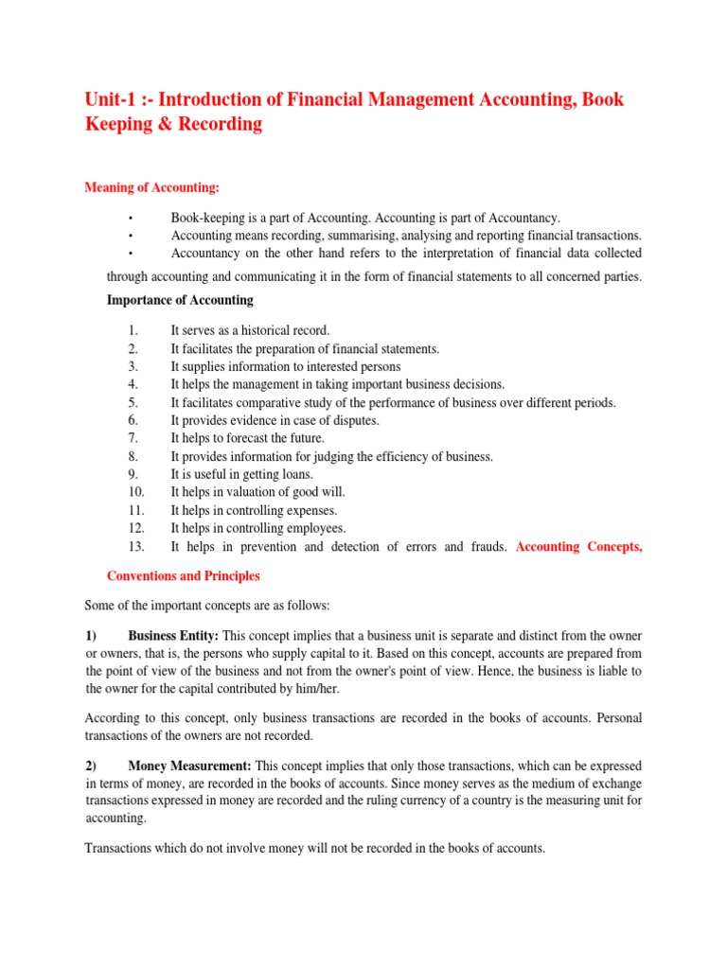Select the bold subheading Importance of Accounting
pyautogui.click(x=180, y=301)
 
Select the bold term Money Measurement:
pyautogui.click(x=189, y=765)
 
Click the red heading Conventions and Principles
pyautogui.click(x=183, y=576)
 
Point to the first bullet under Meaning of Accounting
pyautogui.click(x=129, y=219)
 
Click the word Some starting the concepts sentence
pyautogui.click(x=100, y=606)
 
